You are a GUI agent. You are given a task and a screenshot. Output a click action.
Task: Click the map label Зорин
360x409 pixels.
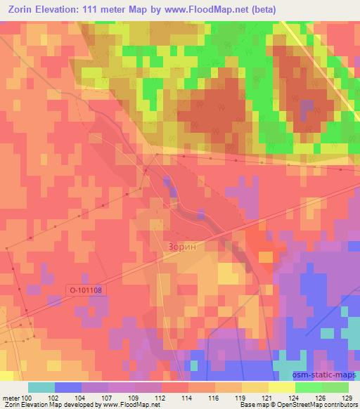tap(187, 247)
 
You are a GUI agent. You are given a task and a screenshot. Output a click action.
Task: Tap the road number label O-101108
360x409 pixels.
tap(89, 289)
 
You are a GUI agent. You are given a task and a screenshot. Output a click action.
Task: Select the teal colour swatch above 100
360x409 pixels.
tap(41, 387)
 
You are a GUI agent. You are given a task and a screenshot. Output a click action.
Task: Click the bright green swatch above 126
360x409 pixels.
tap(309, 387)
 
